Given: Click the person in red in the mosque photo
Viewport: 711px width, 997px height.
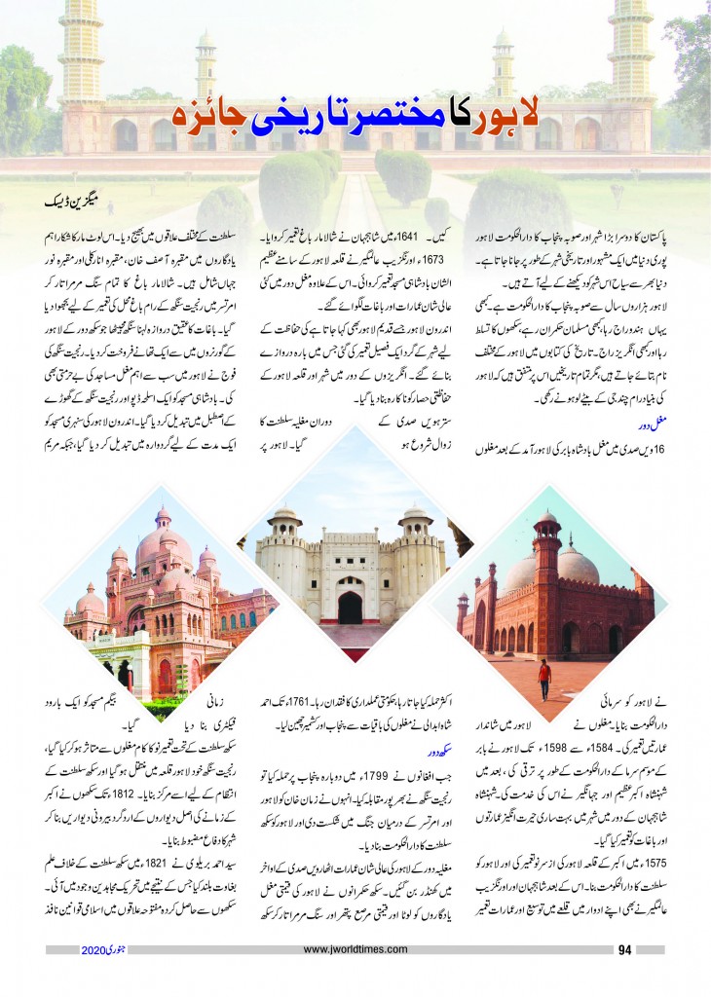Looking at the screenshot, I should [x=544, y=674].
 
